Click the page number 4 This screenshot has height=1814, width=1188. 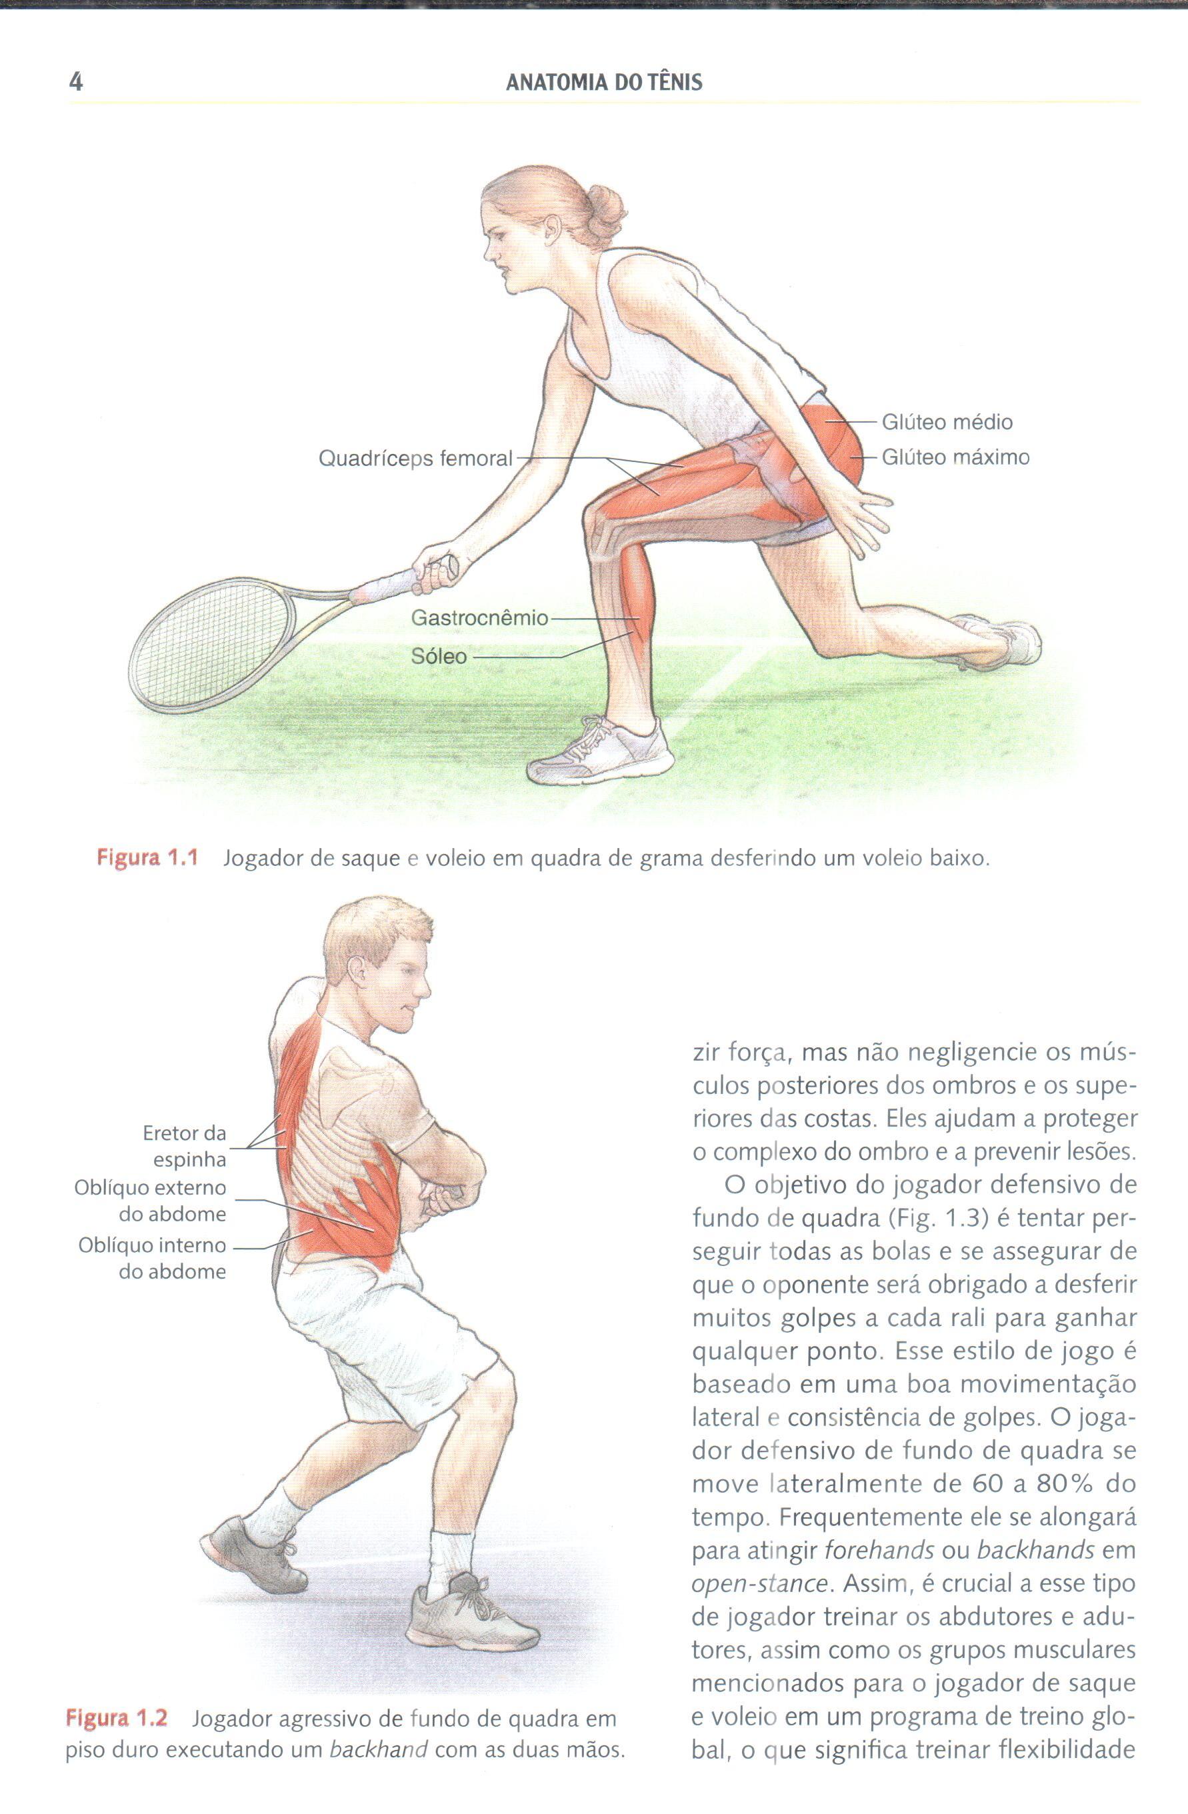75,81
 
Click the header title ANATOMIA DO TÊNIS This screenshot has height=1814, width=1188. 603,82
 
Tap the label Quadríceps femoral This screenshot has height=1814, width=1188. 415,458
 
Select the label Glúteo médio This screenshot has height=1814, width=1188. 947,421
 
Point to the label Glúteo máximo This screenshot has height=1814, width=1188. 955,457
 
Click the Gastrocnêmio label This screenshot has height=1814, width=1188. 479,617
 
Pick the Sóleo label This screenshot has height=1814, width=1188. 439,655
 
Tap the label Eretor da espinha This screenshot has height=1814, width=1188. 185,1146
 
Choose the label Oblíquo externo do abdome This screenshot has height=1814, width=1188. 150,1201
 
